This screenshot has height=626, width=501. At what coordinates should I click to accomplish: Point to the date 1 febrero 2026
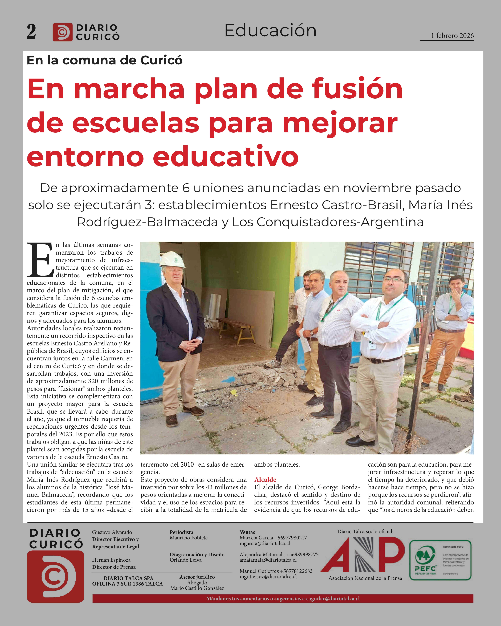click(452, 36)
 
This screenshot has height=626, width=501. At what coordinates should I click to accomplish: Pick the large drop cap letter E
click(40, 260)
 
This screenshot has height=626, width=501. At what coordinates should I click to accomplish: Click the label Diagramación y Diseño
click(197, 554)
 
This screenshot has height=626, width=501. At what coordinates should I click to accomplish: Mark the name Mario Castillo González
click(197, 588)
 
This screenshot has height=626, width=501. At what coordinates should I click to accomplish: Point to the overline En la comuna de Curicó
click(105, 60)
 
